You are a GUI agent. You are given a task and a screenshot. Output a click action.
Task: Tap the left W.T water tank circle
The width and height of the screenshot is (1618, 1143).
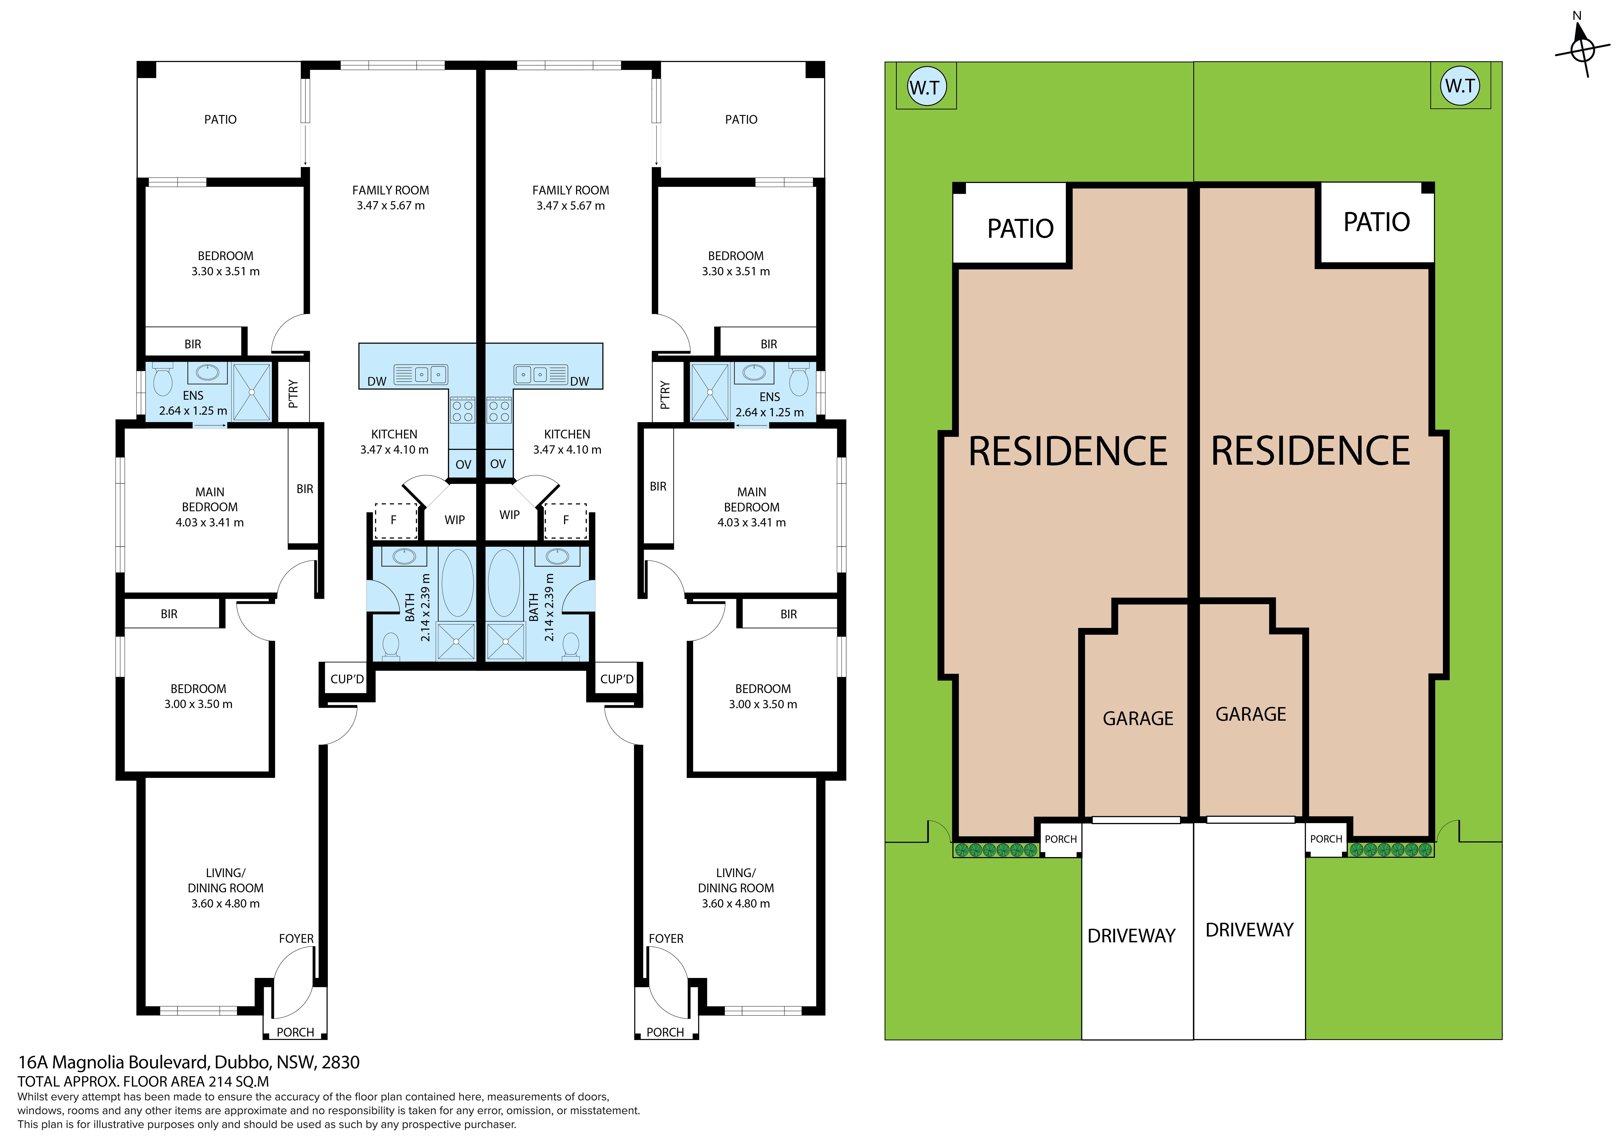point(926,87)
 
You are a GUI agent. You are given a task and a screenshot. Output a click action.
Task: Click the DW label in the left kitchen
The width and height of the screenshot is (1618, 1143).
point(377,381)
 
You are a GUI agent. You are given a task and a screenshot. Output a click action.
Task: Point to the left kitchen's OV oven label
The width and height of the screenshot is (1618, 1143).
point(463,464)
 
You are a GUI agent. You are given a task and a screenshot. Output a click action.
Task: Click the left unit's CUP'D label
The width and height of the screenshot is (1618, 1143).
point(347,679)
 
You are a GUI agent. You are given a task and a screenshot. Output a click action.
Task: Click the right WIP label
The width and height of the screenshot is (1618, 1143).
point(510,515)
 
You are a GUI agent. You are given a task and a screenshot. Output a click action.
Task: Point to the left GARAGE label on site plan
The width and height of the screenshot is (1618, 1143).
point(1138,718)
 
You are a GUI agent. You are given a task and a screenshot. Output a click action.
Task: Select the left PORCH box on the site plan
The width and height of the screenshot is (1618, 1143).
point(1061,839)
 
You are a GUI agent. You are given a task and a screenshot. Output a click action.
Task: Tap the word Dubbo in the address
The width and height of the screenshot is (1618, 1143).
point(241,1062)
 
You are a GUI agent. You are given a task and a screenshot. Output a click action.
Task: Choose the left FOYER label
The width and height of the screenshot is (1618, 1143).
point(296,939)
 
